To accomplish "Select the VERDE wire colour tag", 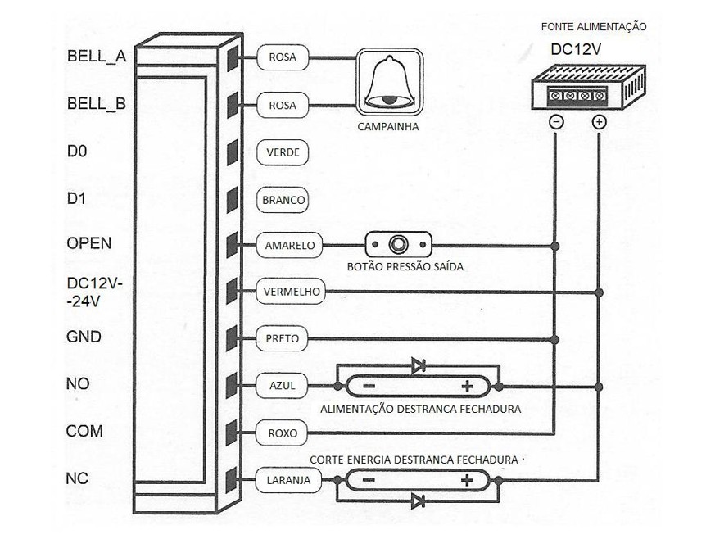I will pyautogui.click(x=283, y=152).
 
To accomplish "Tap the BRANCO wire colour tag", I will pyautogui.click(x=283, y=200).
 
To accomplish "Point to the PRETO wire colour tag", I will pyautogui.click(x=283, y=337).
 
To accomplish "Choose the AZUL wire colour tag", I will pyautogui.click(x=283, y=385).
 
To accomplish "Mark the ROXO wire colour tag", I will pyautogui.click(x=283, y=432).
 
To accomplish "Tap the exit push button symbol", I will pyautogui.click(x=398, y=245).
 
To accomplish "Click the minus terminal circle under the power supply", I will pyautogui.click(x=555, y=122).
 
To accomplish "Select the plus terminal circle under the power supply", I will pyautogui.click(x=599, y=122).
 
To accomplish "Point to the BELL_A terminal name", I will pyautogui.click(x=95, y=58).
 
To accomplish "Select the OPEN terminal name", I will pyautogui.click(x=88, y=244).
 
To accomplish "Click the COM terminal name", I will pyautogui.click(x=84, y=431).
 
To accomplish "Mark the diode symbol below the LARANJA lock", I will pyautogui.click(x=418, y=500).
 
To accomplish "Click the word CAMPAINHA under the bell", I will pyautogui.click(x=388, y=128).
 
